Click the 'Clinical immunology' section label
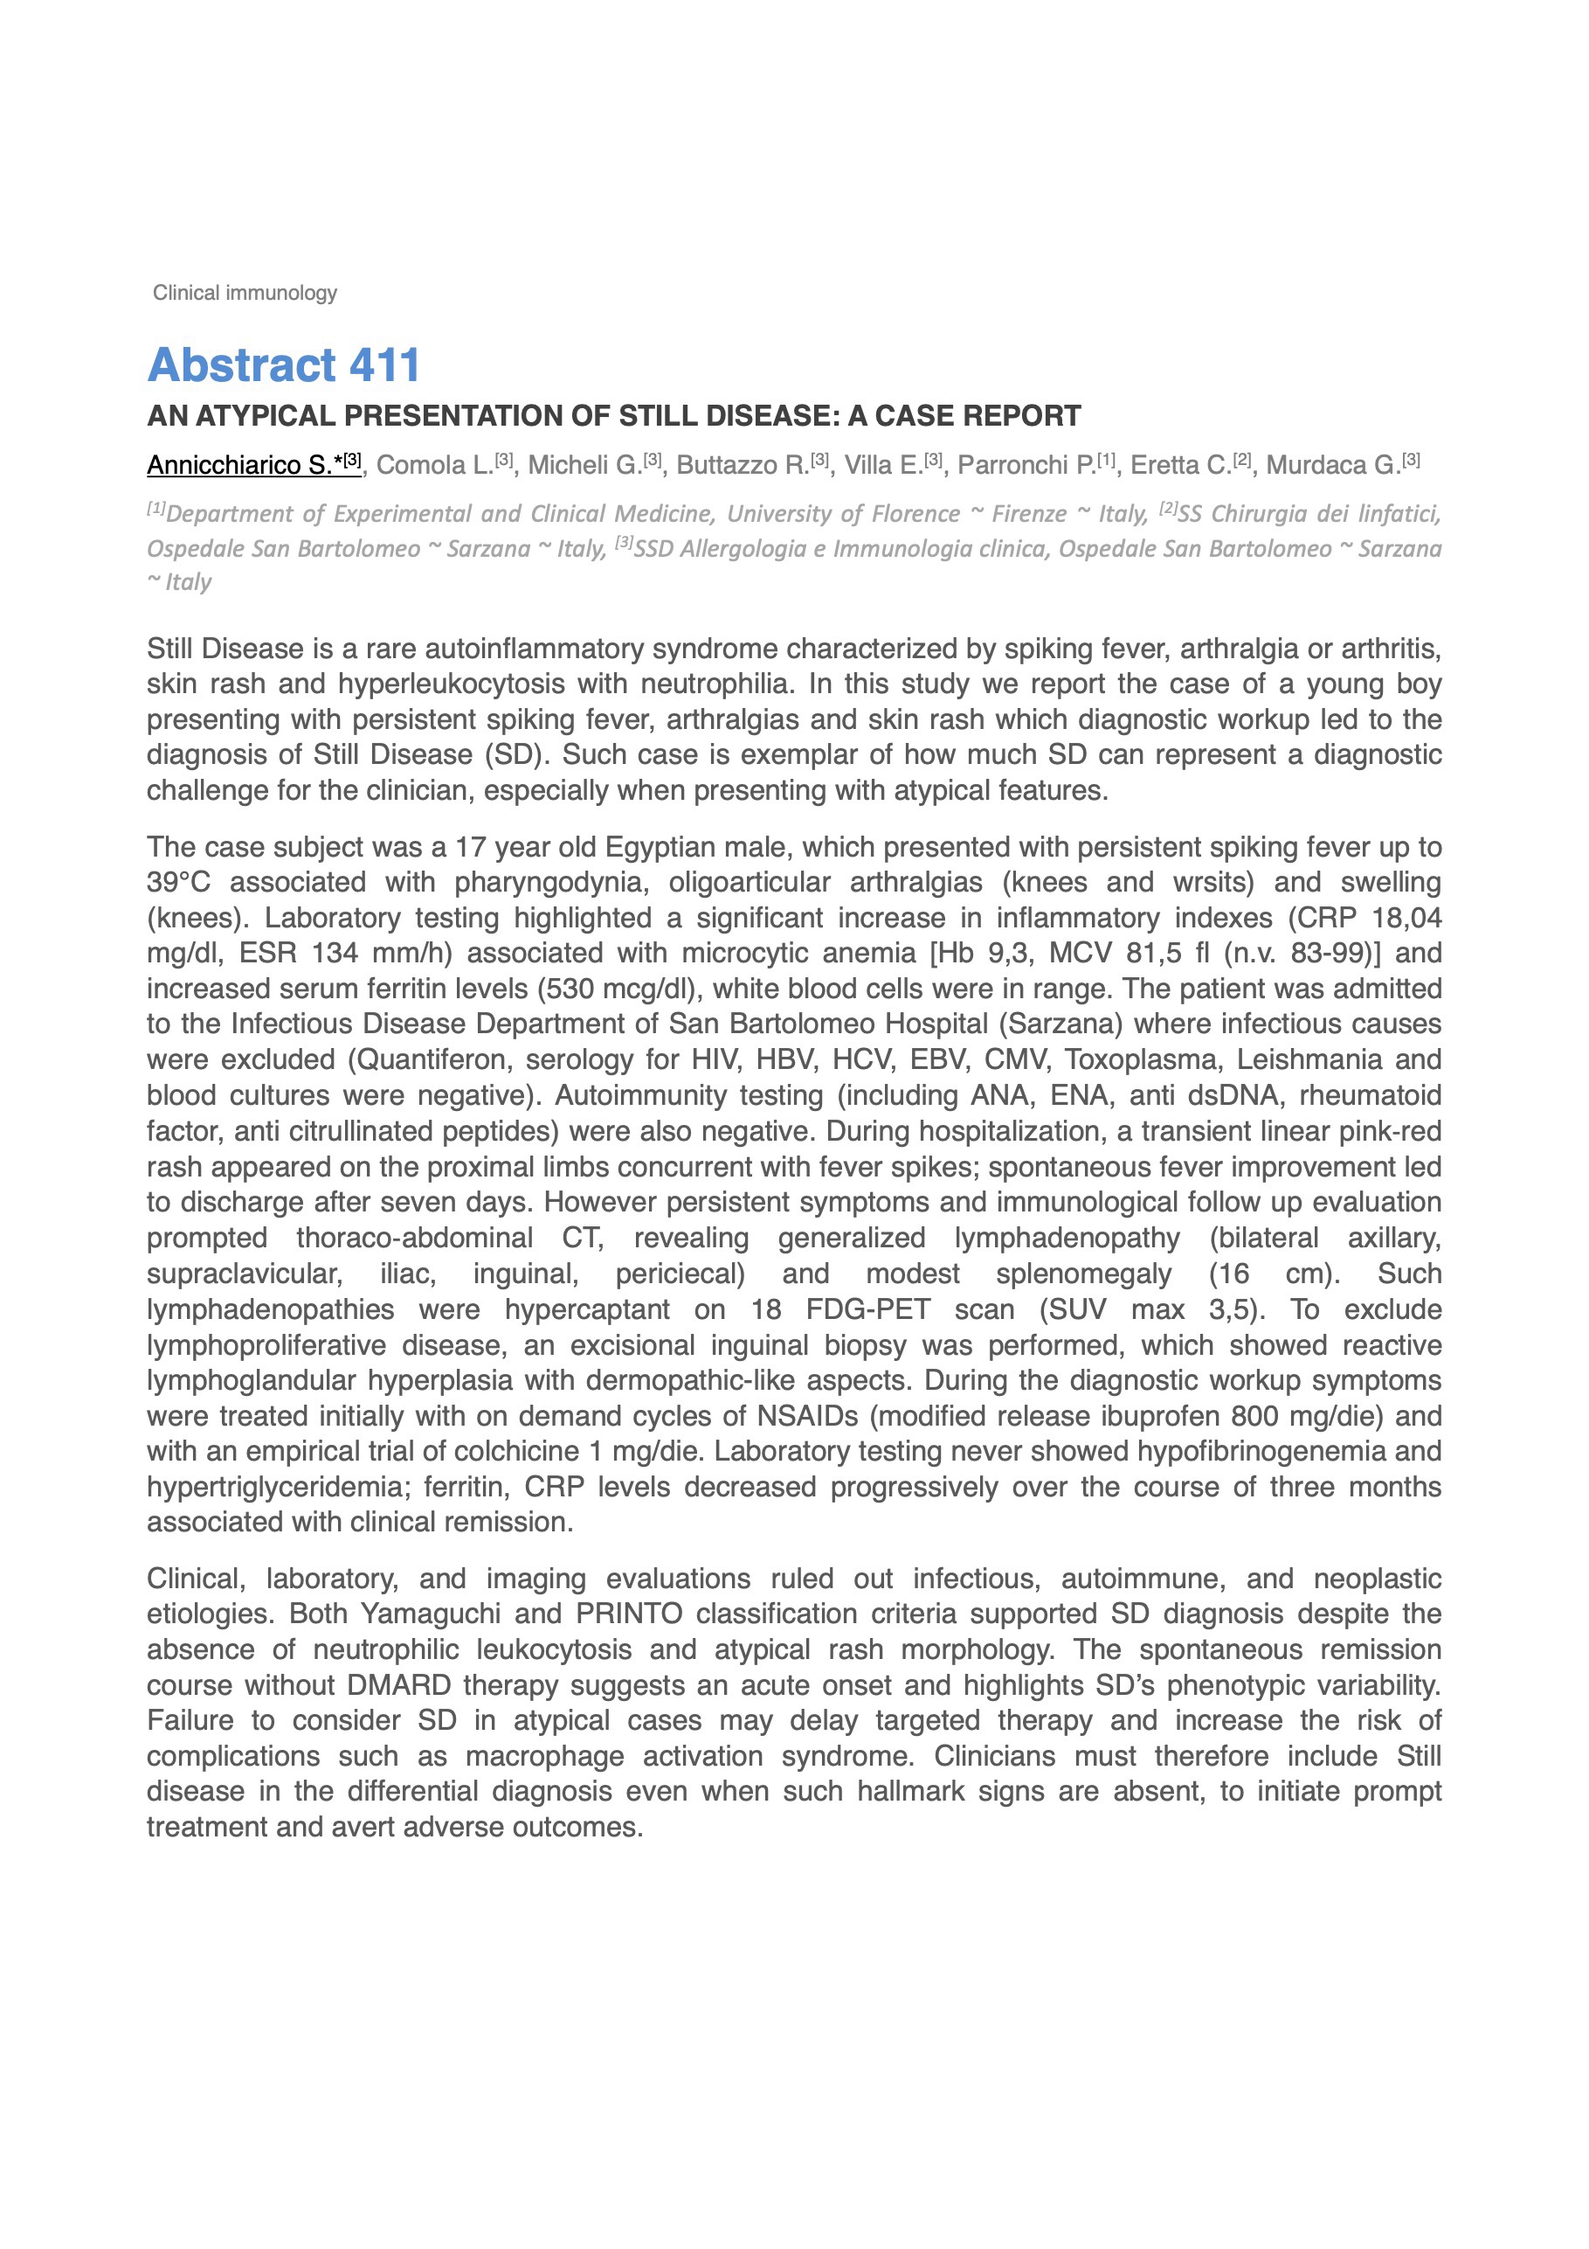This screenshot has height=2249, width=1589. (245, 293)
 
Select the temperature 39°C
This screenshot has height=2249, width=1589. (178, 883)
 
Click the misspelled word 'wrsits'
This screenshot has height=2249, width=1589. (1213, 883)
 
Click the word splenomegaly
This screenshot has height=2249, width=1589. (1083, 1274)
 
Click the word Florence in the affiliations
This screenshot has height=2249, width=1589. (909, 514)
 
